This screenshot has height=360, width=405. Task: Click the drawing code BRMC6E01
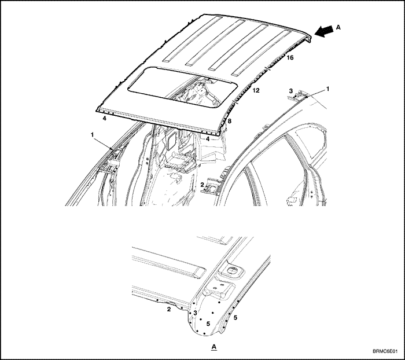pos(385,351)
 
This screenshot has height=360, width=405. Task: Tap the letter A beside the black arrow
pos(338,27)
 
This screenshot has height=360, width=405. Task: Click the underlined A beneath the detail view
pos(214,346)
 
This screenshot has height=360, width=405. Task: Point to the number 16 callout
pos(290,58)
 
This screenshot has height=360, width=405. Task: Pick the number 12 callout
pos(256,90)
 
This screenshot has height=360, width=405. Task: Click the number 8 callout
pos(229,121)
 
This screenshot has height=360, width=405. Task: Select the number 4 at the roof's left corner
pos(104,119)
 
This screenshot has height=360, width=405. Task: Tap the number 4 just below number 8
pos(207,139)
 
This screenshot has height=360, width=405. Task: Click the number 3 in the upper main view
pos(291,91)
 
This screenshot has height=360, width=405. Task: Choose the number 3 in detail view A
pos(196,313)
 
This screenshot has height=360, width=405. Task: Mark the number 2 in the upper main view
pos(202,185)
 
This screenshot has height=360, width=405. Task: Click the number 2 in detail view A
pos(169,309)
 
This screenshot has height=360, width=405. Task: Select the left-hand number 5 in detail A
pos(208,324)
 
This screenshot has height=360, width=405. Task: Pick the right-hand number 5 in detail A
pos(235,318)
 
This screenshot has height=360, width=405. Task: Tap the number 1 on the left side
pos(92,134)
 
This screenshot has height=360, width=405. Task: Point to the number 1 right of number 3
pos(328,89)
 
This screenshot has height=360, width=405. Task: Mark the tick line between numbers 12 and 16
pos(268,68)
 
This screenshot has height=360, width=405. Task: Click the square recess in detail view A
pos(231,270)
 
